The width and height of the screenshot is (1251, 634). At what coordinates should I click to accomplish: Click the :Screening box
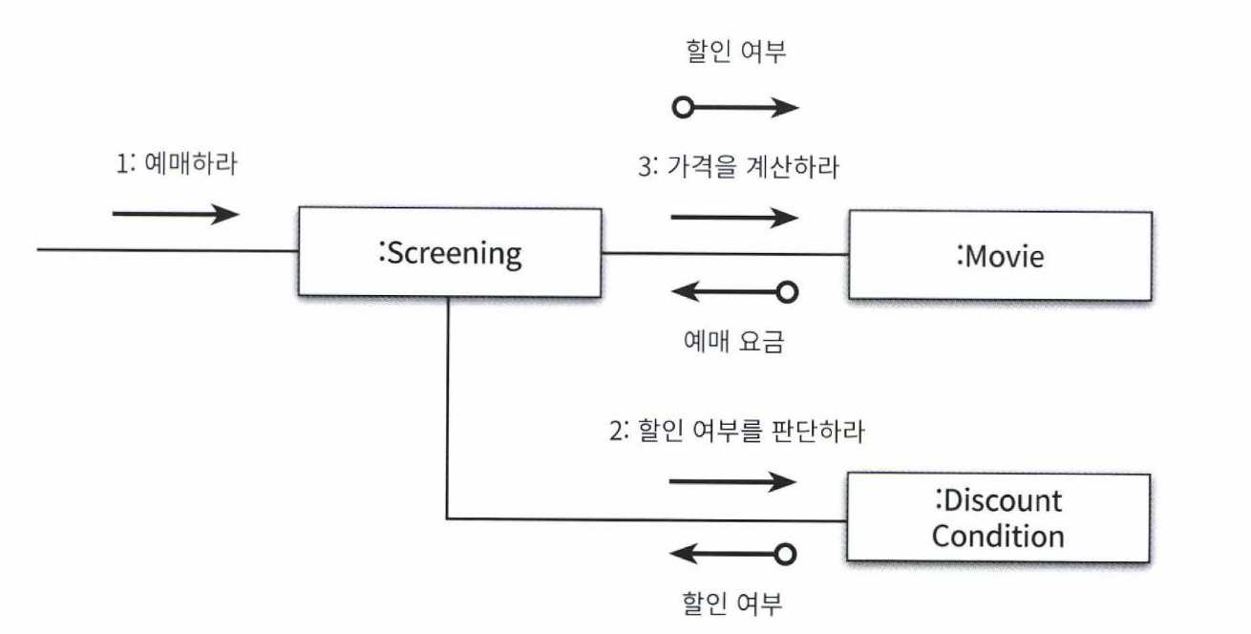448,252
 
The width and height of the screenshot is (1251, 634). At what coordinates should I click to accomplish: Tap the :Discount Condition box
997,518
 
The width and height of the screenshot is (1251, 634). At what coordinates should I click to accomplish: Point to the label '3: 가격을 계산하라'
737,168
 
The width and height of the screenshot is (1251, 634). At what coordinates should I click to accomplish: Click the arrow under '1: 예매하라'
176,213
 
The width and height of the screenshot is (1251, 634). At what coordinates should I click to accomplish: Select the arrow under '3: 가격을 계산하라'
734,217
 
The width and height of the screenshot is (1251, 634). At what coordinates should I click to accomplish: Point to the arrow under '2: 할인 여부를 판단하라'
732,481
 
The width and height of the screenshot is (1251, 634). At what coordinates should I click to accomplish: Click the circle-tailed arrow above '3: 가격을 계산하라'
735,107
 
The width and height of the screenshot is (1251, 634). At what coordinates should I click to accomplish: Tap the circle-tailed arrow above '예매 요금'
732,292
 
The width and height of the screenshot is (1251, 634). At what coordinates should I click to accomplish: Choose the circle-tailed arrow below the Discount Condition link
732,553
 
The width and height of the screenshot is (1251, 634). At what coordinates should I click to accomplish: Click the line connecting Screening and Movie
723,254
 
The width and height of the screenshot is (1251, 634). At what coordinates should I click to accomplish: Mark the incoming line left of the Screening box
167,250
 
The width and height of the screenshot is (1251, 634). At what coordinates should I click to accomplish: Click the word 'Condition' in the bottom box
998,536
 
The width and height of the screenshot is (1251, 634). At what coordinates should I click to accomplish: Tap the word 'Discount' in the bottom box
1003,500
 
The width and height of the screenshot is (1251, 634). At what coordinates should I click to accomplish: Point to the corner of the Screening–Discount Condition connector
447,519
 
